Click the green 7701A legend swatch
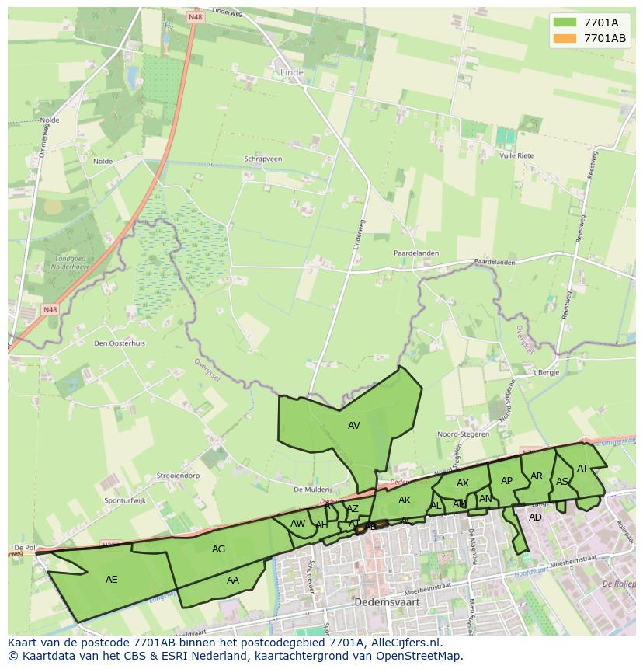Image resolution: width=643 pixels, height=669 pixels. [x=565, y=23]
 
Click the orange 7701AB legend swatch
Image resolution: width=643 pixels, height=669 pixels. [x=565, y=38]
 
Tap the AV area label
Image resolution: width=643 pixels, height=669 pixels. [x=354, y=426]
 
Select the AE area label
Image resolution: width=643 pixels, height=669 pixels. [x=112, y=580]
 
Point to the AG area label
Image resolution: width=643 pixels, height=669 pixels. [x=219, y=549]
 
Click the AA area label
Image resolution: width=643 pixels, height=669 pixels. [x=233, y=580]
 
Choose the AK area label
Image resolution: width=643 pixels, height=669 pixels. [x=405, y=500]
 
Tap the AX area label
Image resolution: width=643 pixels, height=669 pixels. [x=463, y=483]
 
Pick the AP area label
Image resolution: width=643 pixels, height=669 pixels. [x=507, y=481]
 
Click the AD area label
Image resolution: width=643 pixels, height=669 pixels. [x=535, y=517]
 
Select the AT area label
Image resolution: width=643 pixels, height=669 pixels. [x=582, y=468]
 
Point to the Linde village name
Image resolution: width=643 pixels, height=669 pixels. [x=290, y=72]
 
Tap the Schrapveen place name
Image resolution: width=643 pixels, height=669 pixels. [x=263, y=159]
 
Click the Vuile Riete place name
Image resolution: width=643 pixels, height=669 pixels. [x=517, y=156]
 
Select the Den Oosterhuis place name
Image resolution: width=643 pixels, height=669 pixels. [x=119, y=343]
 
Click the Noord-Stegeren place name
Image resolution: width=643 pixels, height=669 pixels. [x=464, y=434]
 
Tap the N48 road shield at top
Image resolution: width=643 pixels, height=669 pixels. [x=194, y=16]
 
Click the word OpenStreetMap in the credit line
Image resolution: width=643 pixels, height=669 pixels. [x=422, y=656]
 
